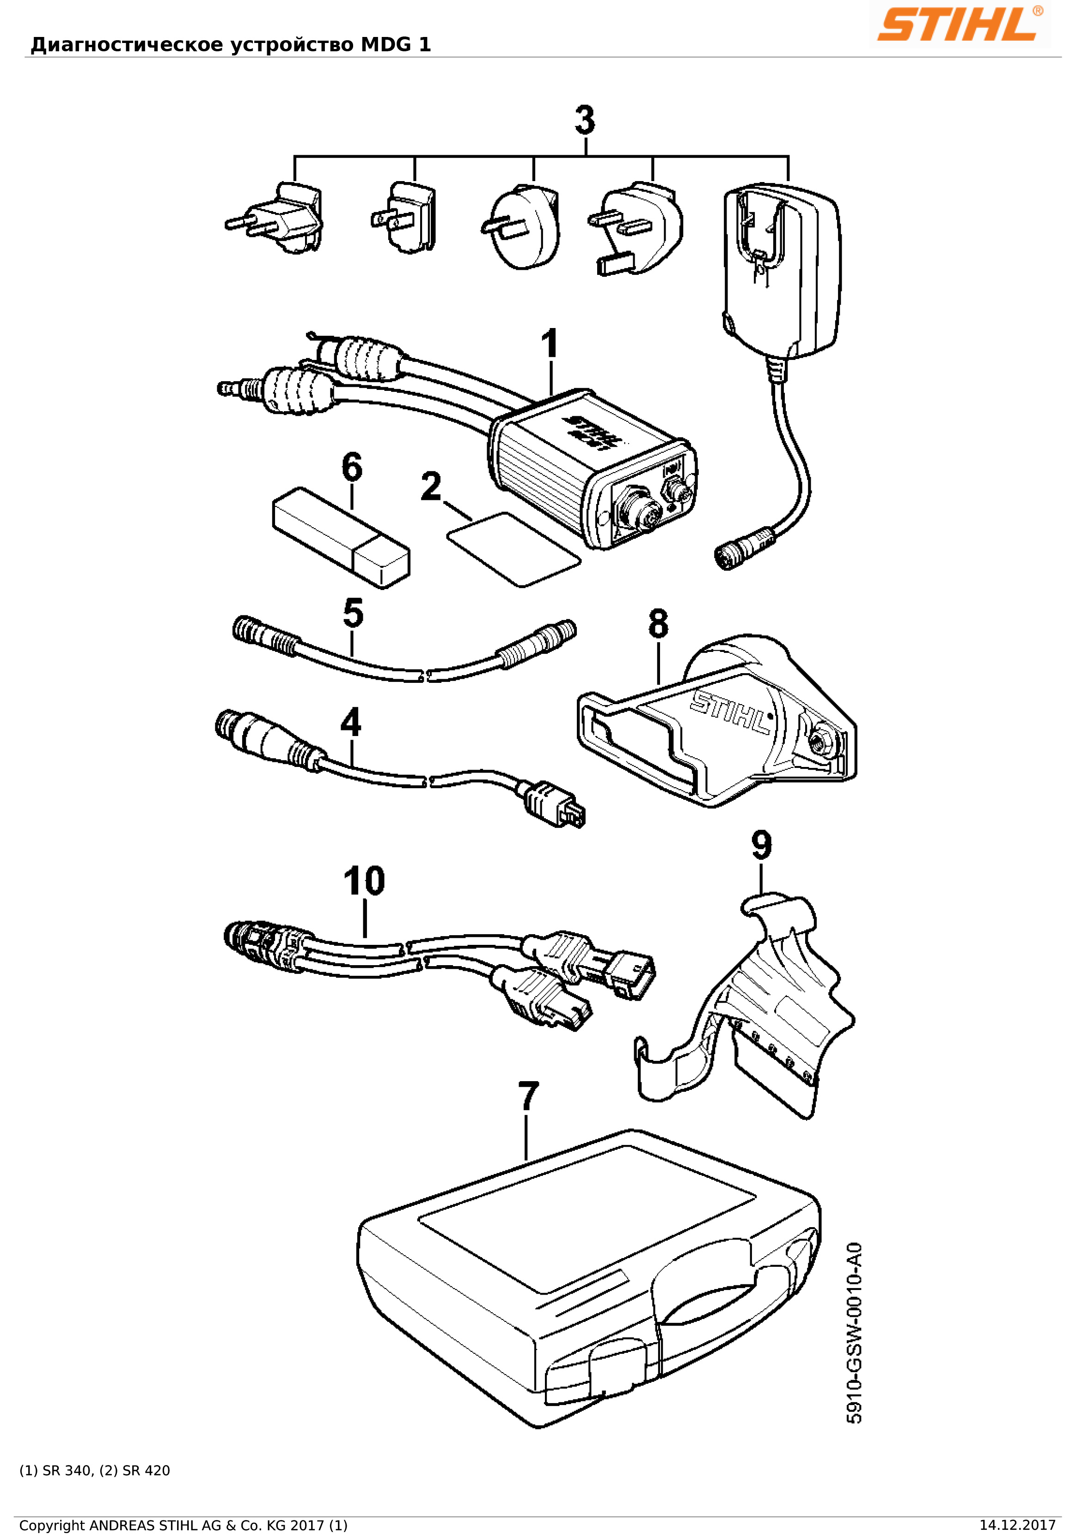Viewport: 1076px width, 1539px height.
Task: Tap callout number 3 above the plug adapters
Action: [585, 121]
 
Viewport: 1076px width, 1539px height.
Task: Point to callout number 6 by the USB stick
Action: [352, 467]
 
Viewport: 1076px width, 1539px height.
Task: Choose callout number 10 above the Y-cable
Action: [364, 882]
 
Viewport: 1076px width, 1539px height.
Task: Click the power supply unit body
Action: [781, 268]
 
